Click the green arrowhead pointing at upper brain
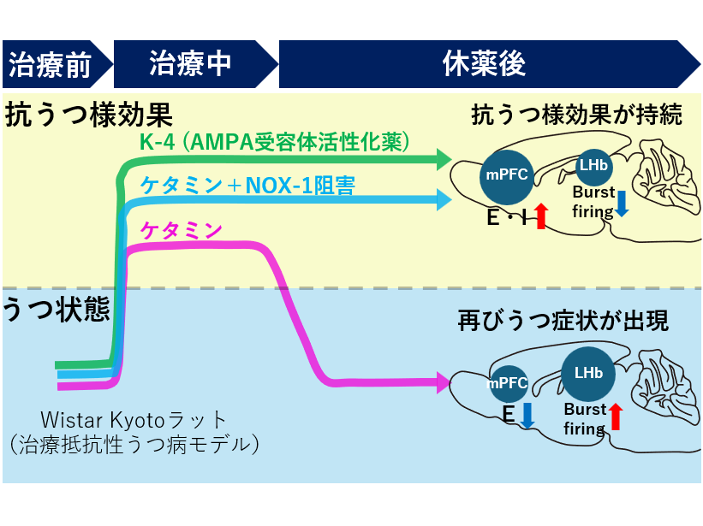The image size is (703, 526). (444, 158)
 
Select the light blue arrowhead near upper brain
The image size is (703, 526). (444, 200)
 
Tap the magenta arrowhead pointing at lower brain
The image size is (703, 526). (444, 382)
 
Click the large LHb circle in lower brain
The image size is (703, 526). (588, 374)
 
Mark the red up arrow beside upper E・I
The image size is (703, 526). (540, 217)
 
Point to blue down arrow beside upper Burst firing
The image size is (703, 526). (623, 204)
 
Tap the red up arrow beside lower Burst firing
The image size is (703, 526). (616, 418)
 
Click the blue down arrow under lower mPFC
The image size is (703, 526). (527, 416)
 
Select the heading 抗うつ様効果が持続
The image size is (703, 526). (576, 115)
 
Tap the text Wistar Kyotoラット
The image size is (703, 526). (135, 420)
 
